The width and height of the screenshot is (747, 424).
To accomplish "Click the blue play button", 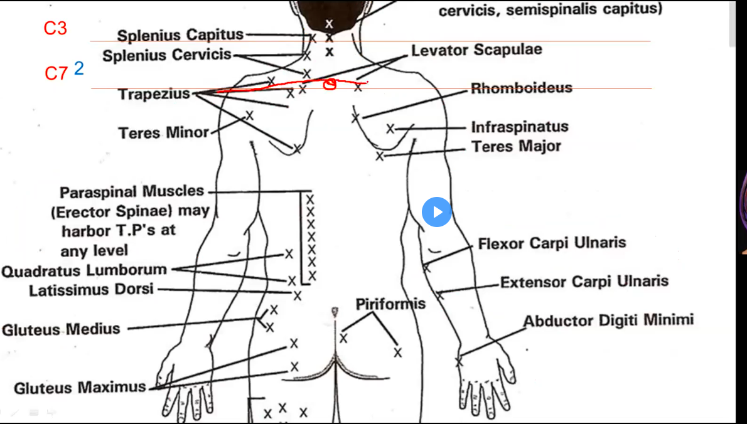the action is tap(437, 212).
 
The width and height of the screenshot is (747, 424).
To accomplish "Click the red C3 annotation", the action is tap(55, 28).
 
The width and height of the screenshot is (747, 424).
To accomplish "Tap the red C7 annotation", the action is tap(56, 73).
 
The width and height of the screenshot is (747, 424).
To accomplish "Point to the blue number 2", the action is tap(78, 68).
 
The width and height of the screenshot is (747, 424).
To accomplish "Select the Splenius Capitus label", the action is tap(181, 35).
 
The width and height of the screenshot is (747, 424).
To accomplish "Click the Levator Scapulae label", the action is tap(476, 50).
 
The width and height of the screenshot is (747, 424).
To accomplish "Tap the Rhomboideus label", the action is tap(522, 88).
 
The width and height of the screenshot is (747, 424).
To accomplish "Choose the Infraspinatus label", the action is tap(520, 127).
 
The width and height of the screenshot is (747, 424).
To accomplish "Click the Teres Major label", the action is tap(516, 147).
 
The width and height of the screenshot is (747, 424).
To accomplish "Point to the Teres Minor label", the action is tap(164, 132).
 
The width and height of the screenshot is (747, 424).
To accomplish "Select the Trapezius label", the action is tap(154, 94).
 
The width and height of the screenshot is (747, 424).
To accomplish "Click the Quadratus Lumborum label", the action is tap(84, 271).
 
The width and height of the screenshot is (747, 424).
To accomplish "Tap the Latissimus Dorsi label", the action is tap(91, 290).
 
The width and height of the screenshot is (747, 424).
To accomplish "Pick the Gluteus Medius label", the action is tap(61, 329).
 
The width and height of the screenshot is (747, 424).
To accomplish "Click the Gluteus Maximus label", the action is tap(80, 388).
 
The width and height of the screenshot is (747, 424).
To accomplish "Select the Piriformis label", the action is tap(390, 304).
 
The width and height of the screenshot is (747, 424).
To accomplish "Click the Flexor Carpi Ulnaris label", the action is tap(552, 243).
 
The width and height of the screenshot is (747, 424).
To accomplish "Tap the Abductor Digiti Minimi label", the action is tap(608, 321).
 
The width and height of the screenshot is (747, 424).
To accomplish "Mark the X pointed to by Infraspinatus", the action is tap(390, 129).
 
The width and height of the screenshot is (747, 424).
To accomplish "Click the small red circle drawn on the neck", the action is tap(329, 84).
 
